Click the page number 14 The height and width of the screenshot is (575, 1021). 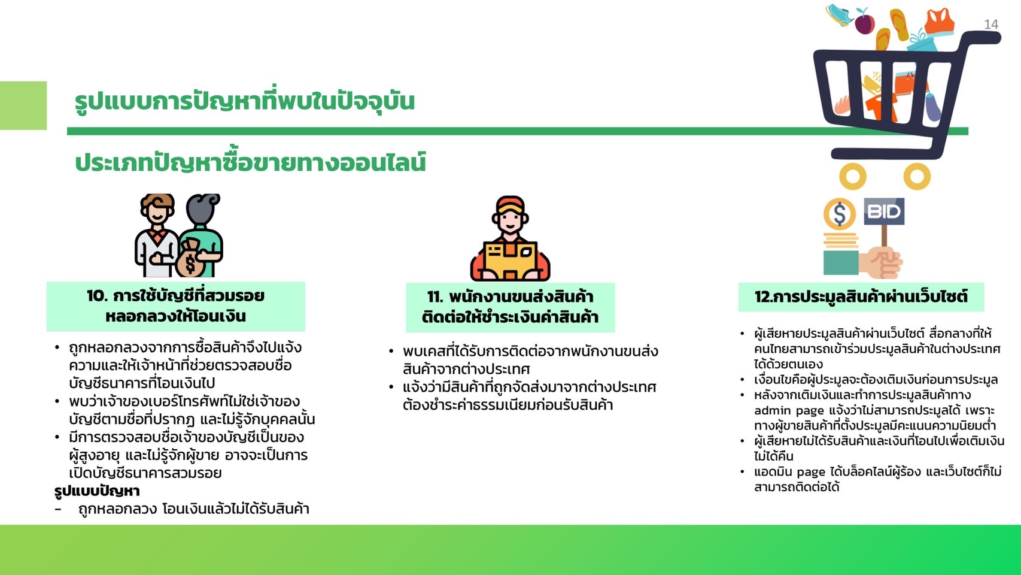(991, 25)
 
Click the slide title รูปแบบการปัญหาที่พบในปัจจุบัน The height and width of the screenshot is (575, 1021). (244, 101)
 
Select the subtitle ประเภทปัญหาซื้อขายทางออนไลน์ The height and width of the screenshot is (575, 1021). (250, 163)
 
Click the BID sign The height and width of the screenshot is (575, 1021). (884, 211)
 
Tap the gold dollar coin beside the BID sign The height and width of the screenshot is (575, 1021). (840, 214)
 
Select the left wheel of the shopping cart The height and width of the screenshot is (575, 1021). (853, 177)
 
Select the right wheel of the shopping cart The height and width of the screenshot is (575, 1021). (916, 177)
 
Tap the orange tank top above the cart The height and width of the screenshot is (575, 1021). (938, 22)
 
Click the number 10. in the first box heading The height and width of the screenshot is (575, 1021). (97, 296)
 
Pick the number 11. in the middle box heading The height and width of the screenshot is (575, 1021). (435, 297)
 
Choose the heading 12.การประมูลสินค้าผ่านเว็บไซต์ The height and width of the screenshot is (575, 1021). (861, 296)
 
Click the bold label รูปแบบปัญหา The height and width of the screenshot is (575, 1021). (97, 491)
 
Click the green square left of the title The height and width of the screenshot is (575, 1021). (23, 105)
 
